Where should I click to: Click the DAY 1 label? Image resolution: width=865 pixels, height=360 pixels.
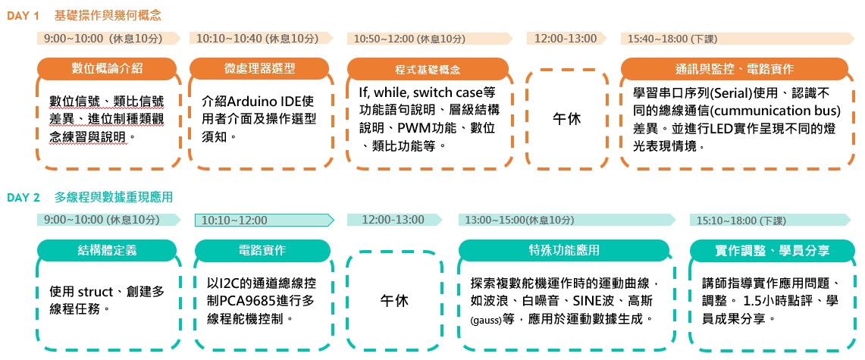pos(24,16)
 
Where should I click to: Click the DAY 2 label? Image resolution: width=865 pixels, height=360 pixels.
pos(24,197)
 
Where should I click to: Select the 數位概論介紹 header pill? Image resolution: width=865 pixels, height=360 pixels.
pos(107,68)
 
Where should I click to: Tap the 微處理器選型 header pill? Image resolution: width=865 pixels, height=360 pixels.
pos(259,68)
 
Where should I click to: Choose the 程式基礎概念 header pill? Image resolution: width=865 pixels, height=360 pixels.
pos(428,69)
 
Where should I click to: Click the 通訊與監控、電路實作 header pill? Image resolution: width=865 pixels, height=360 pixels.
pos(735,69)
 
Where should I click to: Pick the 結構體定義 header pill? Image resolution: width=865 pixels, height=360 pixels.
pos(107,250)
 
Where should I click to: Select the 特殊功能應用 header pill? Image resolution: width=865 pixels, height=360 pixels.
pos(563,250)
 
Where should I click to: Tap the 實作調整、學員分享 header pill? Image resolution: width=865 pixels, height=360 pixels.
pos(769,250)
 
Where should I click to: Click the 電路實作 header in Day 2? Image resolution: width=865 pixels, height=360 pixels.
pos(262,250)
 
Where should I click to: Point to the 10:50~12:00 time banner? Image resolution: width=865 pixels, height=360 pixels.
pos(430,39)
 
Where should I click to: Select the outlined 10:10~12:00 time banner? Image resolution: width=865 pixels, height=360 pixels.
pos(265,220)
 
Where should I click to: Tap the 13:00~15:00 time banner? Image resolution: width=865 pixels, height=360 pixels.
pos(567,220)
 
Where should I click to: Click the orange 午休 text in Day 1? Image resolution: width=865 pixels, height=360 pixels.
pos(566,118)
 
